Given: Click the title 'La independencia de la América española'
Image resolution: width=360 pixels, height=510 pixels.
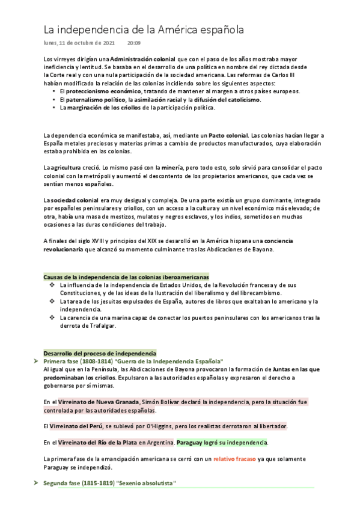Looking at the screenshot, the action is pos(144,29).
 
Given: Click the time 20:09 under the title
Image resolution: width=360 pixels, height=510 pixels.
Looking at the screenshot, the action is pos(134,43).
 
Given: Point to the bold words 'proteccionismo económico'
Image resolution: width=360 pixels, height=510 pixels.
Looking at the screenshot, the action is pos(91,91).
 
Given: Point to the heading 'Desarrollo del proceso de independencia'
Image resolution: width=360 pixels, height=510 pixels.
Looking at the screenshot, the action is pos(100,353).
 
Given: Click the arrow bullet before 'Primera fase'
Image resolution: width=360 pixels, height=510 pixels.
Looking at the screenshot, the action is pos(37,361).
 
